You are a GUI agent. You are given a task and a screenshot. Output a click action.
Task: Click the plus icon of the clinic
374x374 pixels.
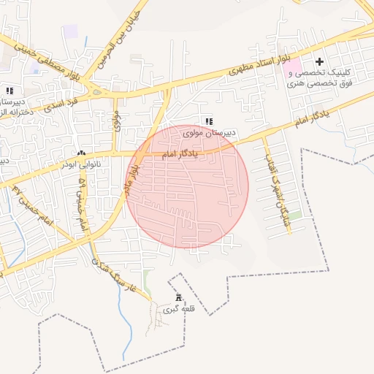pyautogui.click(x=319, y=62)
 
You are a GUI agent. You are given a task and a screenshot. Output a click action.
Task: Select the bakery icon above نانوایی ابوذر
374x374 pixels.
pyautogui.click(x=81, y=153)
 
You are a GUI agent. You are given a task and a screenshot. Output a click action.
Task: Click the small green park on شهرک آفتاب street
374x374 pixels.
pyautogui.click(x=294, y=215)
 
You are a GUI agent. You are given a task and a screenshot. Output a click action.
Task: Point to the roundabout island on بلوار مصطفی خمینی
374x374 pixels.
pyautogui.click(x=96, y=91)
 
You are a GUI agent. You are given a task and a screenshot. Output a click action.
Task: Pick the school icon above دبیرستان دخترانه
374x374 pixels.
pyautogui.click(x=9, y=91)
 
